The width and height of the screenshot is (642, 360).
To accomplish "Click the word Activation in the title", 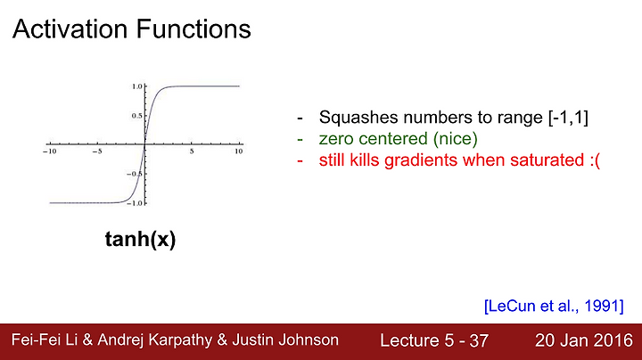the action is point(70,29).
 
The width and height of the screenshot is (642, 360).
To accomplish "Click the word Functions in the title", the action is point(193,29).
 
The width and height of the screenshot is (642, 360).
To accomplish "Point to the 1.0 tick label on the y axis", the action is point(136,86).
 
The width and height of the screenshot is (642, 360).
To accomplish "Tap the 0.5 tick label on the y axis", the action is point(136,116).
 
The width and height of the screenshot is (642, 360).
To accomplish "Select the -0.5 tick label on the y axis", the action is point(135,174).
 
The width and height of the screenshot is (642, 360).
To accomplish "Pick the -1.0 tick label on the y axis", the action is point(135,203).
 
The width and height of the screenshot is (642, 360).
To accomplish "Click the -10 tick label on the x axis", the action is point(50,151).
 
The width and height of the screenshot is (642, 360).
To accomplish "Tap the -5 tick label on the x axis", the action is point(97,151).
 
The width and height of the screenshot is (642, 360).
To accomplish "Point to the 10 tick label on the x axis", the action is point(239,151).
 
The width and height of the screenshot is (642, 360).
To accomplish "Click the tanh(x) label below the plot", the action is point(141,239).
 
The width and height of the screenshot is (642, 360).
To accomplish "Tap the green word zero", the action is point(336,139).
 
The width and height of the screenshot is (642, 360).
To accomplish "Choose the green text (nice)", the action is point(456,139).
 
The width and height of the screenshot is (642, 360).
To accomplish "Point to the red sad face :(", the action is point(595,160).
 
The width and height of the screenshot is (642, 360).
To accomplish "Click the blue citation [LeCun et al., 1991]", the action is point(554,306).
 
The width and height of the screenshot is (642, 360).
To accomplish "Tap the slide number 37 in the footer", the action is point(479,340).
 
